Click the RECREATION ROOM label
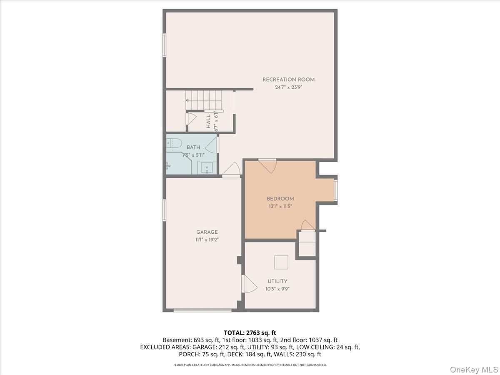click(x=288, y=80)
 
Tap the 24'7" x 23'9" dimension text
click(x=288, y=87)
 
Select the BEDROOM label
click(x=280, y=199)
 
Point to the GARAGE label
click(x=207, y=232)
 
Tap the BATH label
click(x=193, y=147)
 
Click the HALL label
click(x=208, y=121)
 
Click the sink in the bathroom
click(x=207, y=168)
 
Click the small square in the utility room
click(x=281, y=262)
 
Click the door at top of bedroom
click(x=267, y=165)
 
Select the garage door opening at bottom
click(x=202, y=310)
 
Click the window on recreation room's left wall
click(x=164, y=45)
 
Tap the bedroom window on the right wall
click(x=335, y=190)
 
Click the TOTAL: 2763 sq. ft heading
click(x=250, y=332)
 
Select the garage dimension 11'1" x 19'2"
click(x=207, y=240)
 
